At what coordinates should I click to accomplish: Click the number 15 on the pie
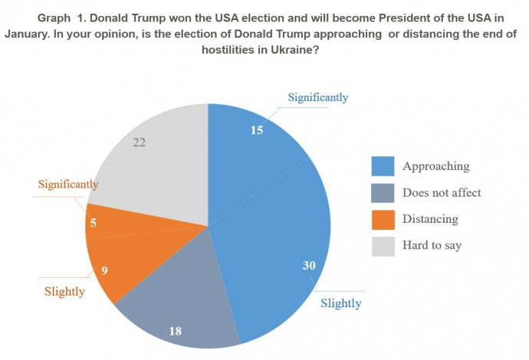(x=257, y=130)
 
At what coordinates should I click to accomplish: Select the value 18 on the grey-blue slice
(x=175, y=331)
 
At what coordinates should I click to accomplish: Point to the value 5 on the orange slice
(x=94, y=224)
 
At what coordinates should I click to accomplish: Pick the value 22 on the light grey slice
(x=139, y=142)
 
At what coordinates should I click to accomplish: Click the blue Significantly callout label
(x=317, y=97)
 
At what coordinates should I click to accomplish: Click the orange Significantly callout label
(x=68, y=184)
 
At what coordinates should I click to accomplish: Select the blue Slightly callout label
(x=340, y=303)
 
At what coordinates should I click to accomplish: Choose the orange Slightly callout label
(x=64, y=291)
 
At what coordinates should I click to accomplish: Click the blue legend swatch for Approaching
(x=383, y=166)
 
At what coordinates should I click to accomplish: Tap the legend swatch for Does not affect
(x=383, y=193)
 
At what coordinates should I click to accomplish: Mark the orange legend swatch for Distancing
(x=383, y=219)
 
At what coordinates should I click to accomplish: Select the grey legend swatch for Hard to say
(x=383, y=246)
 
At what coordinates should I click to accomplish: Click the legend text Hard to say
(x=432, y=246)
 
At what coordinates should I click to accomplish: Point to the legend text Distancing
(x=430, y=219)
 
